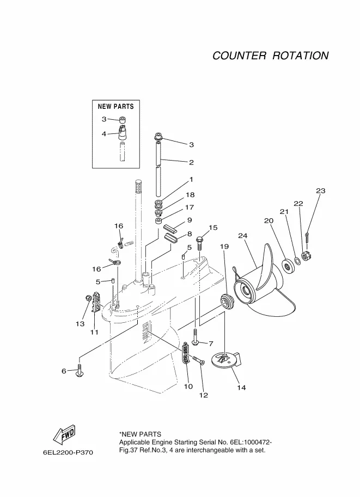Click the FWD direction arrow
(x=65, y=434)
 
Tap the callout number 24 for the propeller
(x=243, y=236)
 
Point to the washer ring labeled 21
(x=297, y=261)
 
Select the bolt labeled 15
(x=199, y=242)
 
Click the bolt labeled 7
(x=195, y=338)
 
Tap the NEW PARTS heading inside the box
(x=116, y=106)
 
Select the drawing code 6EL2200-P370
(x=68, y=452)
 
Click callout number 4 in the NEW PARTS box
(x=103, y=134)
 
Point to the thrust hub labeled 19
(x=227, y=302)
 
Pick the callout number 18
(x=190, y=195)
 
